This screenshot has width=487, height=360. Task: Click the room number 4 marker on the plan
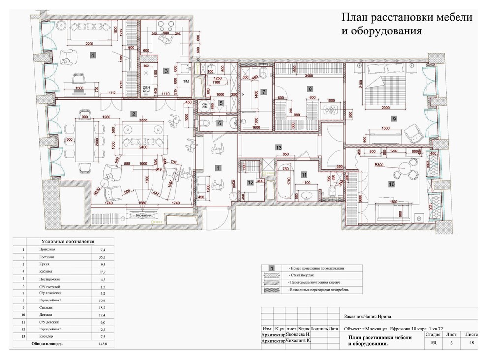(x=93, y=56)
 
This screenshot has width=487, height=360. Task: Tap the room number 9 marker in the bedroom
(x=394, y=118)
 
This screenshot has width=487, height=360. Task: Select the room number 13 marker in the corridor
(x=278, y=147)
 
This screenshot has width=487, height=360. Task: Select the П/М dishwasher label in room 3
(x=185, y=81)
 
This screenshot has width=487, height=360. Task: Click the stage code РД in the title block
(x=433, y=344)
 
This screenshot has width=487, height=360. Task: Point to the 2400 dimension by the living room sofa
(x=143, y=148)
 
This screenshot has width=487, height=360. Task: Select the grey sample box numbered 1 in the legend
(x=272, y=269)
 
